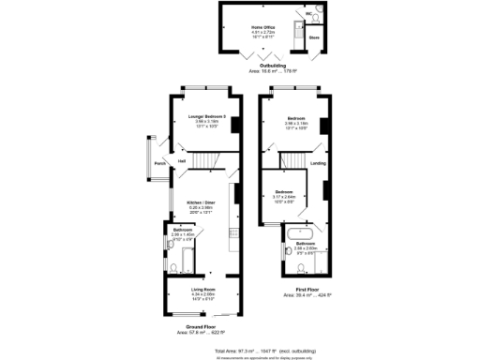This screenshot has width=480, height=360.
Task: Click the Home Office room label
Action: point(262,27)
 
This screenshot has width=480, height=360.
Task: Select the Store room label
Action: point(314,38)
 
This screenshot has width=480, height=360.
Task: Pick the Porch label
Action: point(160,162)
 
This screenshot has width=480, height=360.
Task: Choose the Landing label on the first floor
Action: point(318,163)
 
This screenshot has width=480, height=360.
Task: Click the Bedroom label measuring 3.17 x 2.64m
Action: point(284,191)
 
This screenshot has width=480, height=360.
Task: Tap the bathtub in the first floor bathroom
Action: point(301,232)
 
